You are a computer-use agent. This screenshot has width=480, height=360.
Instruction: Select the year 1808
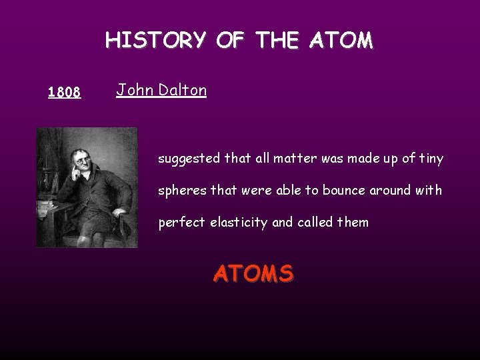click(65, 93)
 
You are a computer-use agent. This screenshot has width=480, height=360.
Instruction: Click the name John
click(133, 90)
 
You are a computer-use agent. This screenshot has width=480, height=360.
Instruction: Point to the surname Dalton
click(181, 90)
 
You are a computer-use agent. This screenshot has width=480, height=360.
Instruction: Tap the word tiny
click(429, 159)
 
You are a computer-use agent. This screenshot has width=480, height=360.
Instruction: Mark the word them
click(353, 222)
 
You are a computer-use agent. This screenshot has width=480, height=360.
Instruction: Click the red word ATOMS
click(253, 273)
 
